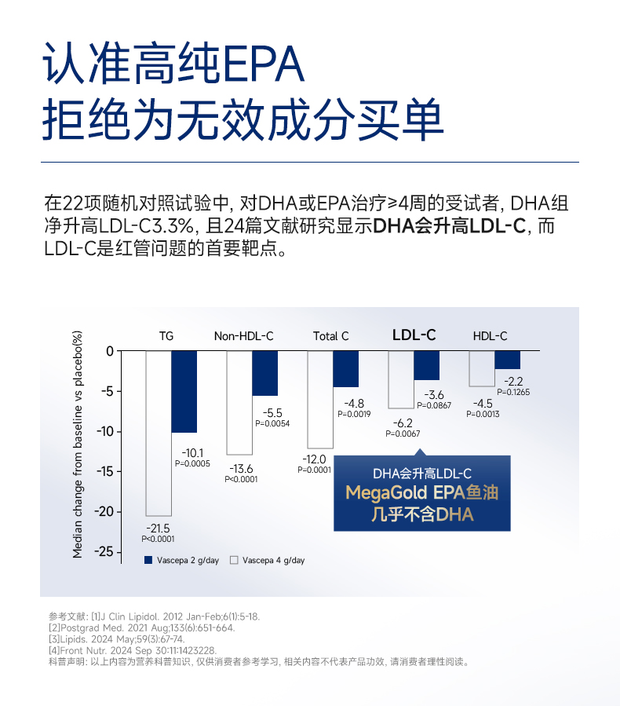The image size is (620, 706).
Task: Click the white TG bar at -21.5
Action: pyautogui.click(x=159, y=433)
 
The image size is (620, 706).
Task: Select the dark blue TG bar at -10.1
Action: pyautogui.click(x=184, y=391)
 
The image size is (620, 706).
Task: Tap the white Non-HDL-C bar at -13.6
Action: pyautogui.click(x=239, y=402)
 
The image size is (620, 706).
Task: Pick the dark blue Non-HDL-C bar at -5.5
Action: pyautogui.click(x=265, y=373)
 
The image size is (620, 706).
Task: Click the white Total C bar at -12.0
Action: pyautogui.click(x=320, y=399)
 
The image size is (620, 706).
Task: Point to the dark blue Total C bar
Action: pyautogui.click(x=346, y=368)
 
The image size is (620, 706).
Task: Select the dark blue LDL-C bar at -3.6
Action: pyautogui.click(x=427, y=365)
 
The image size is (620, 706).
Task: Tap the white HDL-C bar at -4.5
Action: pyautogui.click(x=482, y=368)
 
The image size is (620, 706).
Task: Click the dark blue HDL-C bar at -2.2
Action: pyautogui.click(x=508, y=360)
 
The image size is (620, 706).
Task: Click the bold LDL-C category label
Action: pyautogui.click(x=414, y=335)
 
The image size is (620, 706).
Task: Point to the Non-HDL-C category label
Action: pyautogui.click(x=244, y=336)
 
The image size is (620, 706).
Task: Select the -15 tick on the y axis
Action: pyautogui.click(x=104, y=471)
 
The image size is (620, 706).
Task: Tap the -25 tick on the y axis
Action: pyautogui.click(x=104, y=552)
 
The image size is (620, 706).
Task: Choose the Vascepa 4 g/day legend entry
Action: pyautogui.click(x=268, y=561)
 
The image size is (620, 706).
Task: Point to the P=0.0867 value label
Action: pyautogui.click(x=434, y=405)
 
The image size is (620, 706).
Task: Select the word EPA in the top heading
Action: pyautogui.click(x=258, y=63)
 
